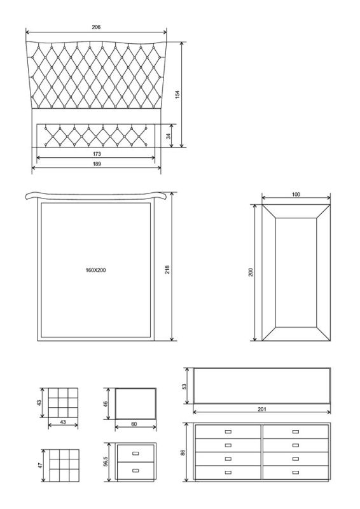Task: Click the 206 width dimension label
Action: (96, 27)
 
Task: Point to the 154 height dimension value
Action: (177, 95)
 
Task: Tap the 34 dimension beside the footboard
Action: (168, 136)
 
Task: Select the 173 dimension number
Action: (97, 154)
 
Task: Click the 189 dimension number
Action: (97, 164)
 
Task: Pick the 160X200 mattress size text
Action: (96, 270)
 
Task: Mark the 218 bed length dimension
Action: (167, 269)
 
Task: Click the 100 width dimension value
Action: (296, 195)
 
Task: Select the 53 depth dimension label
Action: (184, 387)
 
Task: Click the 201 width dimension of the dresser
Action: (262, 409)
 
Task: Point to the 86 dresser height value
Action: (183, 452)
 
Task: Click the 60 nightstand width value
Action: (134, 424)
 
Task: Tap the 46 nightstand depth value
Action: (105, 404)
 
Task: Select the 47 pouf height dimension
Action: (40, 465)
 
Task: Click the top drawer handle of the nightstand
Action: (135, 453)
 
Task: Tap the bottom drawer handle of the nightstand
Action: (135, 470)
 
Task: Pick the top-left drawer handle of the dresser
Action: (228, 432)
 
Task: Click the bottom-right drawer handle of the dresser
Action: (296, 472)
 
